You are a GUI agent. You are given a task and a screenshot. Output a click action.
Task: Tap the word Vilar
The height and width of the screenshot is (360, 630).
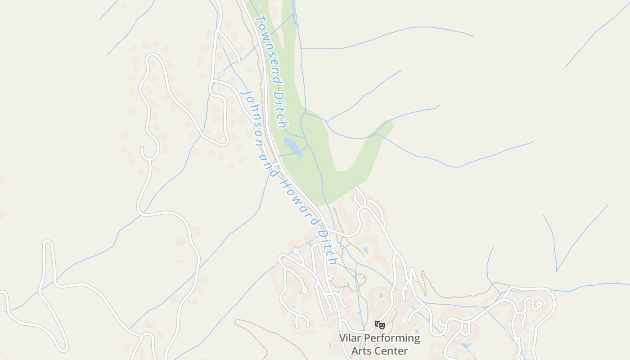350,338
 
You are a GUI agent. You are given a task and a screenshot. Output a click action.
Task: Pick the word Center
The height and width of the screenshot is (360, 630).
391,351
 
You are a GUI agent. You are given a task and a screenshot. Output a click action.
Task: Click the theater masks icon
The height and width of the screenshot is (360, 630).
380,324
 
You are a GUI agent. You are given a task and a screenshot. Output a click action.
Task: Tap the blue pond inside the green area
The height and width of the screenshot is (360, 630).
292,147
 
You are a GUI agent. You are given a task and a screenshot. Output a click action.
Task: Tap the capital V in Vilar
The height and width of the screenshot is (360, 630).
342,338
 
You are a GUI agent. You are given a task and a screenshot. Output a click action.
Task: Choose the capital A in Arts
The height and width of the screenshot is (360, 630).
355,351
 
